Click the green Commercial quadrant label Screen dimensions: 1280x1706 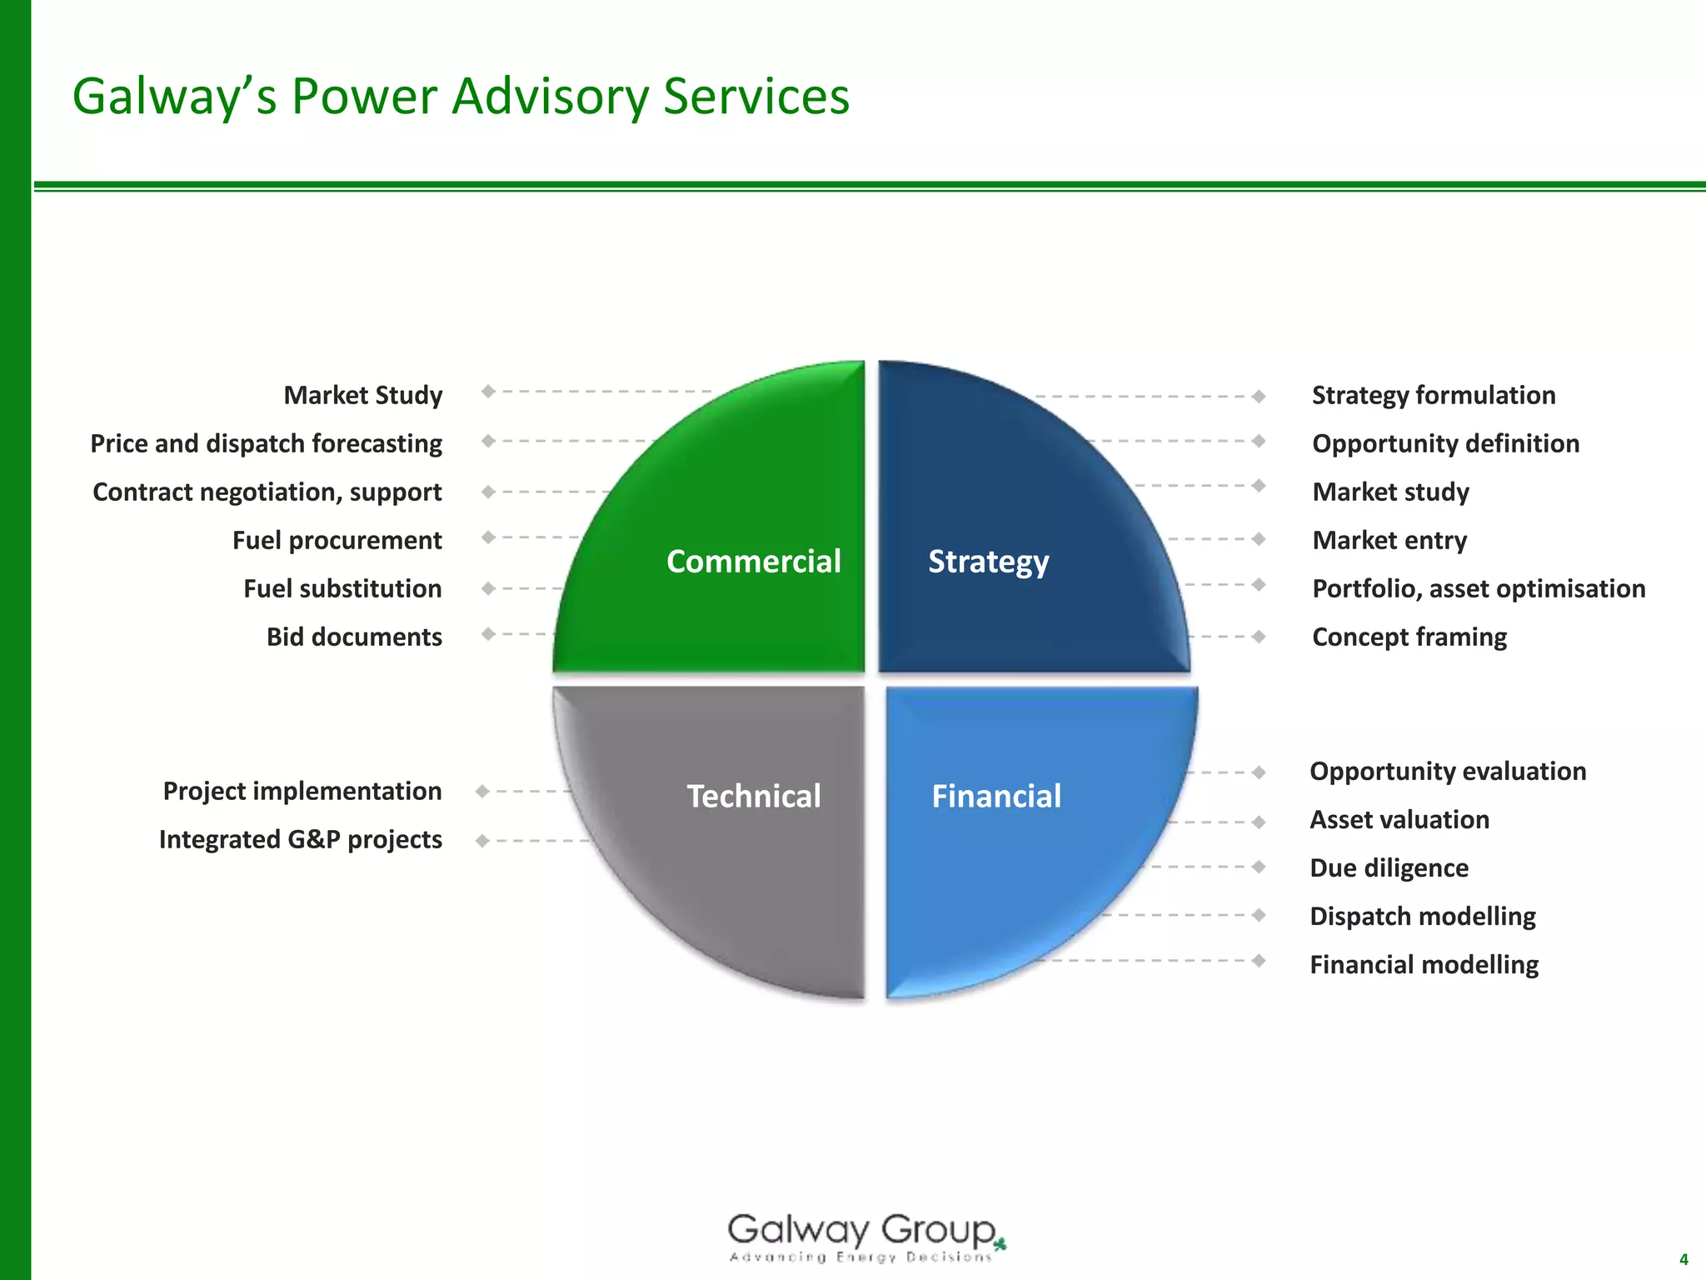(753, 561)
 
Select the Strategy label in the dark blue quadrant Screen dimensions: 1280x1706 (988, 562)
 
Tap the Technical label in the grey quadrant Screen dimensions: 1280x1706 (753, 796)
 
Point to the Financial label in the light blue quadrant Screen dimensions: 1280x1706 (995, 796)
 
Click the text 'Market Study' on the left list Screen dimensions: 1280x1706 (362, 395)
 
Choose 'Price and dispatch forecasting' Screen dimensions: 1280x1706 (266, 443)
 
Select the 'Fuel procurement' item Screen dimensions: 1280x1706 (337, 540)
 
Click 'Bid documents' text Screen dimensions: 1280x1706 (354, 637)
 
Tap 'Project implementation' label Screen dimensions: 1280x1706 (302, 791)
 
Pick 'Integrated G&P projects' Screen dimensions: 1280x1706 (300, 839)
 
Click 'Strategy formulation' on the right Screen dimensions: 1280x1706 (1433, 395)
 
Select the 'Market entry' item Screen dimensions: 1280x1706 (1389, 540)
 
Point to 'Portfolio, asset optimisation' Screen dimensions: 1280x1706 (1479, 588)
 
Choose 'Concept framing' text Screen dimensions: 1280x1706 (1409, 637)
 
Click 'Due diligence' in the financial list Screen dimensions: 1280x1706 (1389, 867)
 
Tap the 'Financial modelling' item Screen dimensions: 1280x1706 (1424, 964)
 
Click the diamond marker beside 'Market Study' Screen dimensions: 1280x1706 (488, 391)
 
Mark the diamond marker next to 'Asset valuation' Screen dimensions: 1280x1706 (1259, 822)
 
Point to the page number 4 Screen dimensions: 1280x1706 (1684, 1259)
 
